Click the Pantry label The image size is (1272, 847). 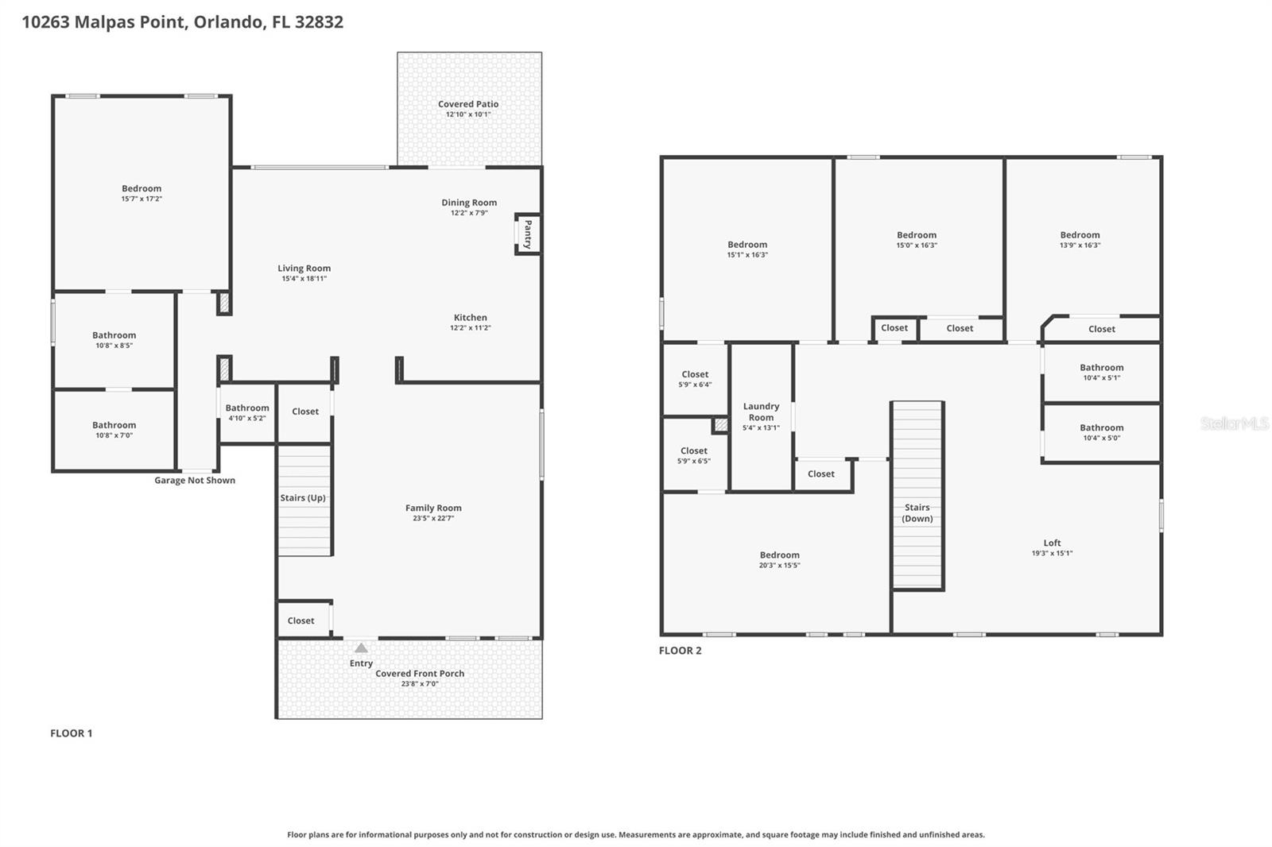point(528,234)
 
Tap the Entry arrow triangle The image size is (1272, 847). point(361,648)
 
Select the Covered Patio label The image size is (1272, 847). point(468,104)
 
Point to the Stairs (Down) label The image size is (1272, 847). point(917,512)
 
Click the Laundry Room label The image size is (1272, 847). point(761,412)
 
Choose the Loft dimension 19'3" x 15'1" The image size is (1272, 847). point(1052,553)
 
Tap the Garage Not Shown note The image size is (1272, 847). point(195,480)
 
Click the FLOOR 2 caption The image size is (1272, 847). point(680,650)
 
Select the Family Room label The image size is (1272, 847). point(433,508)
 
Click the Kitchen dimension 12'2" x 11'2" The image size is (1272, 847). point(470,327)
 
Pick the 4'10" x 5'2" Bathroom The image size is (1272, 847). point(247,412)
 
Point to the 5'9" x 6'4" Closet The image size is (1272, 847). point(695,379)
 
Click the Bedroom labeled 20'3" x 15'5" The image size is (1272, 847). point(779,559)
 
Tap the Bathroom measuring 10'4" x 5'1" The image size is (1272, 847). point(1101,372)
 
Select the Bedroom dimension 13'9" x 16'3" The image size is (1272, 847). point(1080,245)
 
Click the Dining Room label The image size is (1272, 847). point(469,203)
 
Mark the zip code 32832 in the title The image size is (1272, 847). point(319,21)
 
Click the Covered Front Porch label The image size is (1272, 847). point(420,673)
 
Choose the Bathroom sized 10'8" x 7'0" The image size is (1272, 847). point(114,430)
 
